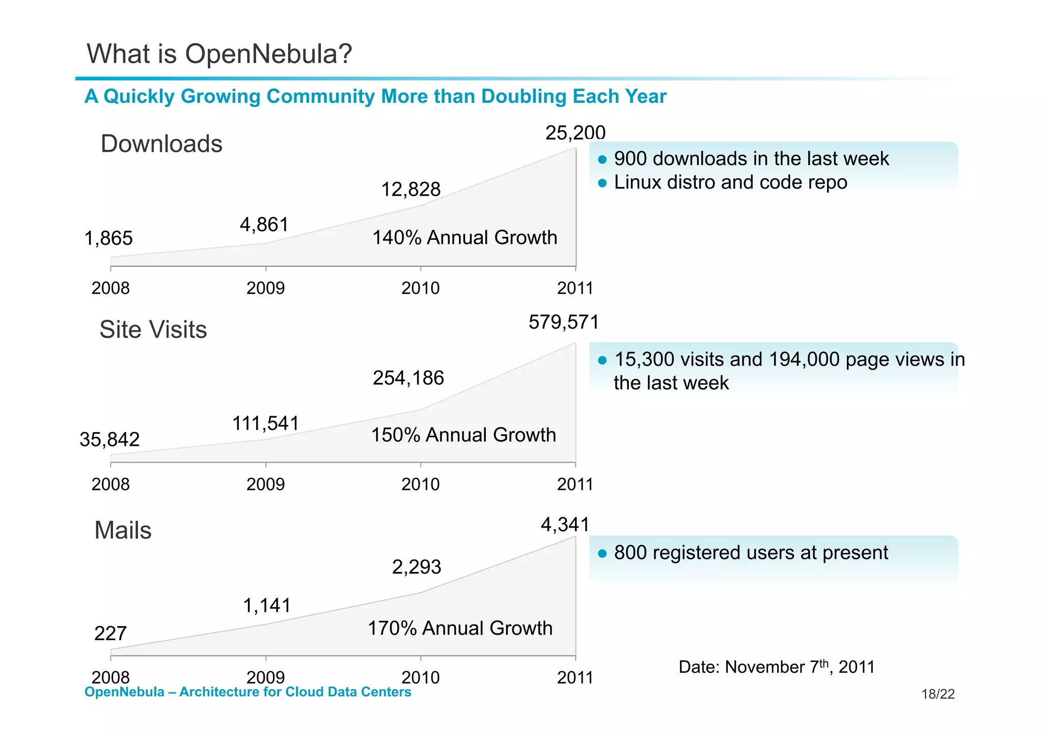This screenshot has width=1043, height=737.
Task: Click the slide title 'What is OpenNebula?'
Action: [219, 53]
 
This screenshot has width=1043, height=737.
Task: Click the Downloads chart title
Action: [161, 144]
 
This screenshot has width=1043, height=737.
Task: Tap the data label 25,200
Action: [575, 133]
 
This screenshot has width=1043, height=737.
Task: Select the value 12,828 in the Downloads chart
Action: [410, 189]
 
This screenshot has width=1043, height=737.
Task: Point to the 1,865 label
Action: [108, 238]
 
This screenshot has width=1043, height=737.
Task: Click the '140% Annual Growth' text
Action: [464, 238]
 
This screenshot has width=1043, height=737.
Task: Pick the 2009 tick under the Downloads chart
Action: [265, 288]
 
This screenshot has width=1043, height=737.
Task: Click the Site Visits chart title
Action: [153, 330]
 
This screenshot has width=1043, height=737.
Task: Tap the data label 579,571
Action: [563, 322]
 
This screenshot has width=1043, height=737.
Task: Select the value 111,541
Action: [265, 423]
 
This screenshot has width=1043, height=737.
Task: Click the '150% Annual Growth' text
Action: [463, 435]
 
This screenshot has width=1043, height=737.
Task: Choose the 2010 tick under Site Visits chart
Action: [420, 484]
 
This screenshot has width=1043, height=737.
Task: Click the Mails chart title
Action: [123, 530]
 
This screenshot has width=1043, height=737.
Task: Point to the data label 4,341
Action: [565, 525]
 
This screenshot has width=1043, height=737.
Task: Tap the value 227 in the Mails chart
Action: [110, 634]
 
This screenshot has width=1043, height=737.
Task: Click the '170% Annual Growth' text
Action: [460, 629]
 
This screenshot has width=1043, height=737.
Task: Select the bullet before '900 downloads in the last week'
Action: [602, 159]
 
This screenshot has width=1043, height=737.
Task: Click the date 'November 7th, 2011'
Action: [800, 667]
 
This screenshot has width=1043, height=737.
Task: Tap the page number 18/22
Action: [938, 694]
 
